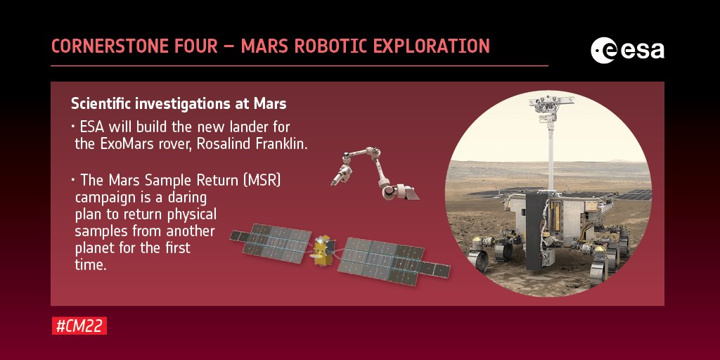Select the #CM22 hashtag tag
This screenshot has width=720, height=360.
[79, 326]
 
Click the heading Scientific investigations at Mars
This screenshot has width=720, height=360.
[179, 104]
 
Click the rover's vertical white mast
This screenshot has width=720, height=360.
[551, 155]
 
